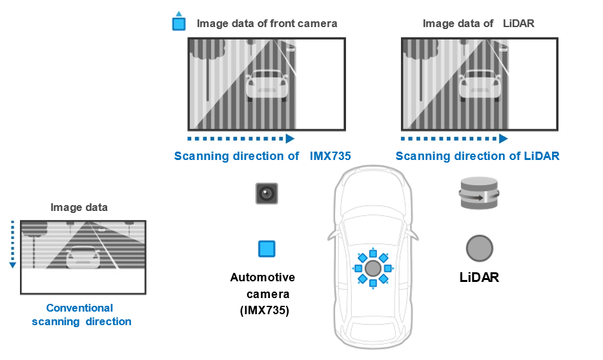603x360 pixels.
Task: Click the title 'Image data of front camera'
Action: [267, 24]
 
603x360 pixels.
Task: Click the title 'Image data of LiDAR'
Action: [478, 24]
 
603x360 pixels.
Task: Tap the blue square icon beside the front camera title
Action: [179, 24]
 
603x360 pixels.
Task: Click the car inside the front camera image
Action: [267, 85]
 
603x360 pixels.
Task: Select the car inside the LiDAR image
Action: [479, 85]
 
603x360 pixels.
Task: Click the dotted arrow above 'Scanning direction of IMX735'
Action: [240, 139]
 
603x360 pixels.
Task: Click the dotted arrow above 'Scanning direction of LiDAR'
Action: [454, 139]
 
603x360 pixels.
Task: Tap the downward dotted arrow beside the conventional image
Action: [12, 245]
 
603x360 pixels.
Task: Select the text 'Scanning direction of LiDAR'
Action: [477, 156]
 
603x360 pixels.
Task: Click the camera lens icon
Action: [266, 192]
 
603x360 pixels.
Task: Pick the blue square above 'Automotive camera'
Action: [267, 249]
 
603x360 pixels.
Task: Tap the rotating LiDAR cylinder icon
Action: [480, 194]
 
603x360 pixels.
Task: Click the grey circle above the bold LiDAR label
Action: [480, 248]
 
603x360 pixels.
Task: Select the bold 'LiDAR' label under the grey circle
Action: [479, 278]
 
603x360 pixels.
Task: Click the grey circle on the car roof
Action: [373, 268]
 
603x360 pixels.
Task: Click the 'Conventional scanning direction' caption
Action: [81, 315]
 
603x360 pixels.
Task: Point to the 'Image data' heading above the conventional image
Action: [79, 208]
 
